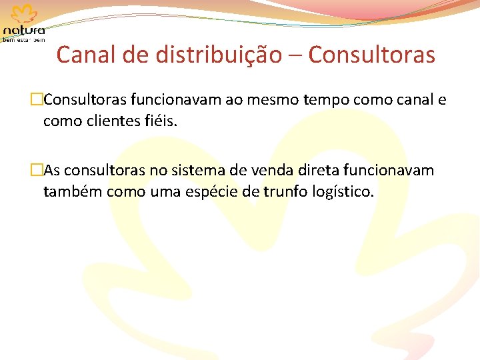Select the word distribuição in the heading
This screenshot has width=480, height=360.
219,55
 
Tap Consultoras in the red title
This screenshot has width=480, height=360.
372,55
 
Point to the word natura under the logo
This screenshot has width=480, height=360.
25,30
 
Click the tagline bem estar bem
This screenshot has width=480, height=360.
25,40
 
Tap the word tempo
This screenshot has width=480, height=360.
324,101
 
